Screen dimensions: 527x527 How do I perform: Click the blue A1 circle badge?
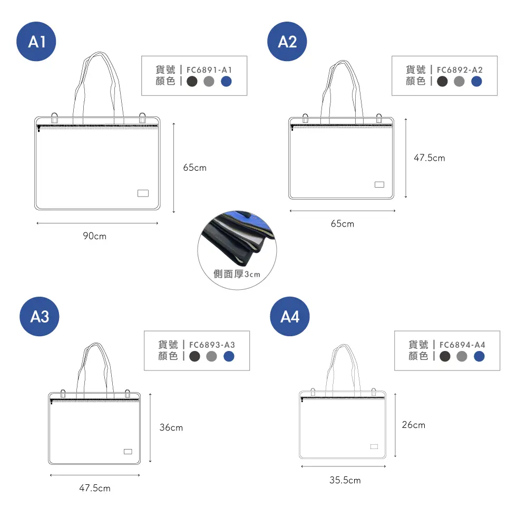tap(36, 41)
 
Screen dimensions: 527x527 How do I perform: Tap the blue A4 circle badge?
tap(290, 316)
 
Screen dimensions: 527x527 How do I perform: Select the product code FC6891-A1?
tap(209, 70)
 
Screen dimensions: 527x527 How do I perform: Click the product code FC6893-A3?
tap(212, 345)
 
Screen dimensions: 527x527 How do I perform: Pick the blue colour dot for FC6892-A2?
tap(476, 81)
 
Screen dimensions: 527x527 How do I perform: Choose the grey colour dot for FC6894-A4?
tap(462, 356)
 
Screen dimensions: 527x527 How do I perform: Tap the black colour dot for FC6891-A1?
tap(192, 81)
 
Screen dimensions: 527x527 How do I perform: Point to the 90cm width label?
tap(95, 236)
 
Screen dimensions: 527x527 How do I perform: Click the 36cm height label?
tap(171, 427)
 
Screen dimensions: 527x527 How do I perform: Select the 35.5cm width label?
tap(345, 480)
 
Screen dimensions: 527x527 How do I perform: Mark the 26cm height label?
tap(414, 425)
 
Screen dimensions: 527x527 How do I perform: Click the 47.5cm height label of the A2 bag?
tap(430, 158)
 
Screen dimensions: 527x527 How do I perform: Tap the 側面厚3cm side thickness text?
tap(237, 274)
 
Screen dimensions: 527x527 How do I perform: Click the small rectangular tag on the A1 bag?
tap(143, 193)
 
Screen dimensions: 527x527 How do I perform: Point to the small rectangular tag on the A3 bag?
tap(128, 452)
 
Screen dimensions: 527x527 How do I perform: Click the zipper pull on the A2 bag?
tap(292, 128)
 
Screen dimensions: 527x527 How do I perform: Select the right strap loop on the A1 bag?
tap(142, 118)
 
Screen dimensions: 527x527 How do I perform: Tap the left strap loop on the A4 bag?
tap(313, 392)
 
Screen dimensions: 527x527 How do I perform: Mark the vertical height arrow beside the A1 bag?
tap(174, 168)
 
